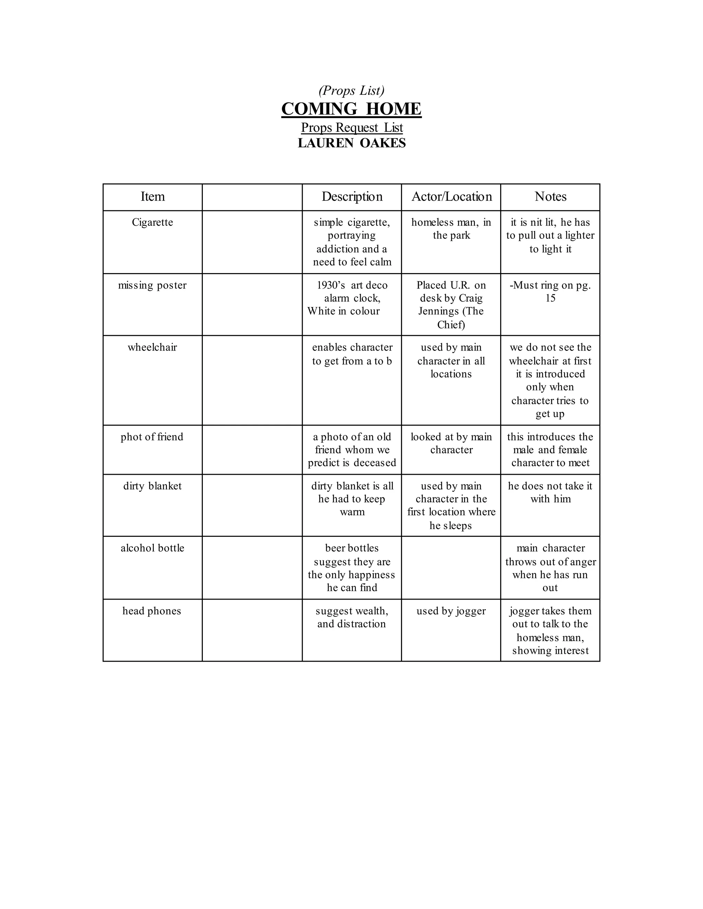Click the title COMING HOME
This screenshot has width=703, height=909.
(x=351, y=109)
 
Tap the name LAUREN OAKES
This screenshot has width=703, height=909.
(x=351, y=143)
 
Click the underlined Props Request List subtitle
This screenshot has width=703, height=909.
(x=351, y=127)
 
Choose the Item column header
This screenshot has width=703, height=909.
(x=152, y=197)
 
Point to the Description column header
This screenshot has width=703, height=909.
(x=352, y=197)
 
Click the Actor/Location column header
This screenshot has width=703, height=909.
(x=451, y=197)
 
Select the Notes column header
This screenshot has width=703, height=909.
(x=550, y=197)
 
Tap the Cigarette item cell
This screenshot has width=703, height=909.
(x=152, y=222)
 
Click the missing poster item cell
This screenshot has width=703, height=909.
(x=152, y=285)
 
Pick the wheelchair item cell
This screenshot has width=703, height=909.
(x=152, y=347)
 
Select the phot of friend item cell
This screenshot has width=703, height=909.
(x=152, y=437)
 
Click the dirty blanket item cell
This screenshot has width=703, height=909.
(x=152, y=486)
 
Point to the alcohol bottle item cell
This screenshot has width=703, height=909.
(x=152, y=548)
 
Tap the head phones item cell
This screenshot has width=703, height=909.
(x=152, y=611)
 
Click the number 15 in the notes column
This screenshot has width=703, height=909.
(x=550, y=298)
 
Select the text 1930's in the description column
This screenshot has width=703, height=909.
(x=331, y=285)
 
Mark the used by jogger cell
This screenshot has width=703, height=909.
(x=451, y=611)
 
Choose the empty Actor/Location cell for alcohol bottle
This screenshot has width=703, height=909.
(x=451, y=567)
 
